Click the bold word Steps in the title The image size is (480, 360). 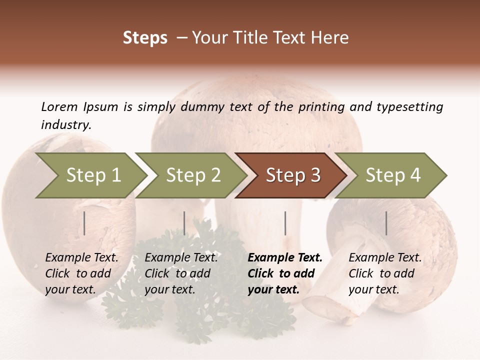tap(145, 38)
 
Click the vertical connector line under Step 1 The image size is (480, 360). tap(84, 223)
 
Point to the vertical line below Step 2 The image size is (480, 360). tap(184, 223)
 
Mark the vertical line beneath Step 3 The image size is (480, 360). tap(285, 223)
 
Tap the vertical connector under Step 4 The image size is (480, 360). tap(386, 223)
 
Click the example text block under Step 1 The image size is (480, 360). tap(81, 273)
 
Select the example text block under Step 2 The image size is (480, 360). tap(181, 273)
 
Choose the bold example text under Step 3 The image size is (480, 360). tap(284, 273)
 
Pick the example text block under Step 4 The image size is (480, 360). tap(385, 273)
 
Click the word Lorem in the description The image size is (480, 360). tap(59, 106)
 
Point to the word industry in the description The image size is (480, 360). tap(66, 125)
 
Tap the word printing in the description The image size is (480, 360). tap(322, 107)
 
